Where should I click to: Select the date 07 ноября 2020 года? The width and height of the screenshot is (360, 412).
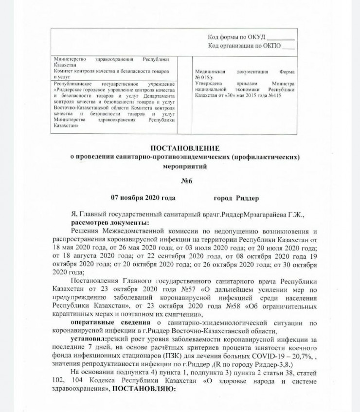pyautogui.click(x=143, y=198)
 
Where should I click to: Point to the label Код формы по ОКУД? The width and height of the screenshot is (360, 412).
pyautogui.click(x=237, y=37)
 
